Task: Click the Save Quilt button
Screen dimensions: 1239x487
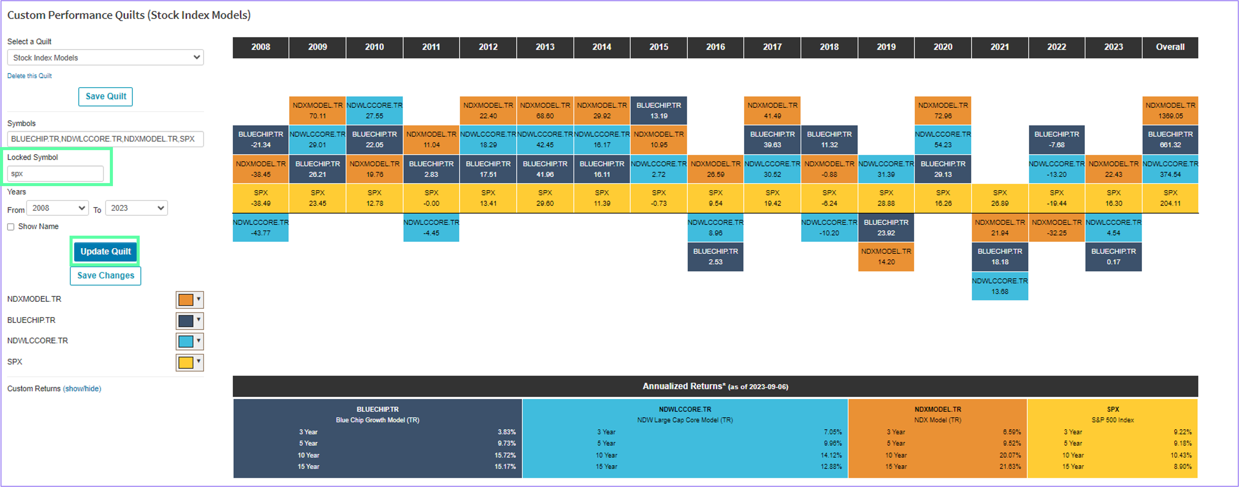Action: [105, 96]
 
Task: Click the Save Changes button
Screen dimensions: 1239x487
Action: [105, 275]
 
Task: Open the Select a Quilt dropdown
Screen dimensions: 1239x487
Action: [105, 58]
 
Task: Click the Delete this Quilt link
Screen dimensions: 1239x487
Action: [29, 76]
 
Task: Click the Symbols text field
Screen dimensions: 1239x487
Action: [105, 139]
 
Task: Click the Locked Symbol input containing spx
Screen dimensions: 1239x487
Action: [55, 174]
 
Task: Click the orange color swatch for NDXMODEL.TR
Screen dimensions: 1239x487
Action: [190, 300]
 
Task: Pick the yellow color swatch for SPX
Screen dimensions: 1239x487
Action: [190, 362]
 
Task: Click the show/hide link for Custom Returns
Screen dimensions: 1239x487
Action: [82, 389]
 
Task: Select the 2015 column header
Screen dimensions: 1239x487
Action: [658, 47]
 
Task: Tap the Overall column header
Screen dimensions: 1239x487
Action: [1170, 47]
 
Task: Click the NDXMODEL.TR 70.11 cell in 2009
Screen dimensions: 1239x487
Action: [318, 110]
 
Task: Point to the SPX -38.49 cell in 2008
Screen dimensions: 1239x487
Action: [261, 198]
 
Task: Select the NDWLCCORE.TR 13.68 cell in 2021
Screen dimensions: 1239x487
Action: [1000, 286]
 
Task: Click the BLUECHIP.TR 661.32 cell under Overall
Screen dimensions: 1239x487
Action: [1170, 139]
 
